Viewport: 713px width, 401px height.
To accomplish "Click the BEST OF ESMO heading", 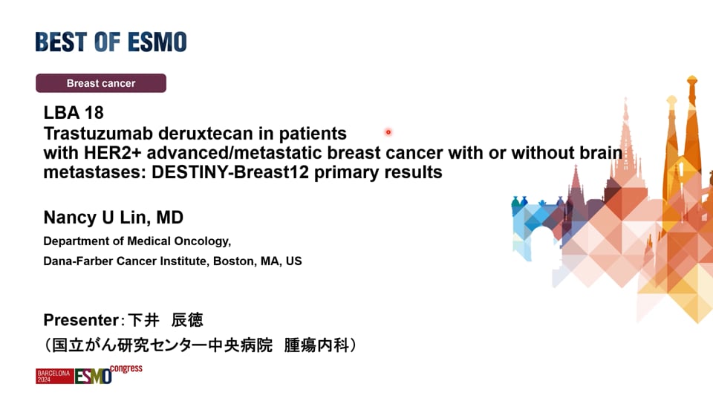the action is pos(111,42).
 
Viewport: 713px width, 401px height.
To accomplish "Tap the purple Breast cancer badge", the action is pos(101,83).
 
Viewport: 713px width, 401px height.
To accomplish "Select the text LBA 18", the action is pos(74,112).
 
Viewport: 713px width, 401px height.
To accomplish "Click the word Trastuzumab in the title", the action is pos(98,134).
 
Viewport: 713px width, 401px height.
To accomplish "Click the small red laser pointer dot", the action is pos(388,132).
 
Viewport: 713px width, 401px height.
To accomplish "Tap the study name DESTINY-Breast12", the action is pos(230,172).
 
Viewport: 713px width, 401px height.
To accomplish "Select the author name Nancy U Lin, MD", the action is pos(113,218).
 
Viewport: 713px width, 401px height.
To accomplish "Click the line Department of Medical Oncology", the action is pos(137,241).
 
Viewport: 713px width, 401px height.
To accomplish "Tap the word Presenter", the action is pos(82,320).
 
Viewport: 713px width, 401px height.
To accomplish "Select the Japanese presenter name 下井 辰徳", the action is pos(165,320).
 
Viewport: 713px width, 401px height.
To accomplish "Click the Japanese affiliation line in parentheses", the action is pos(200,345).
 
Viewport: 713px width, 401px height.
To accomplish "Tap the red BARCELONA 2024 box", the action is pos(54,376).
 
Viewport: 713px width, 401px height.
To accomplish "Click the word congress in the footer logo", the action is pos(126,369).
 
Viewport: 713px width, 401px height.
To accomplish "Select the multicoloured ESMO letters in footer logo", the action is pos(94,376).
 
